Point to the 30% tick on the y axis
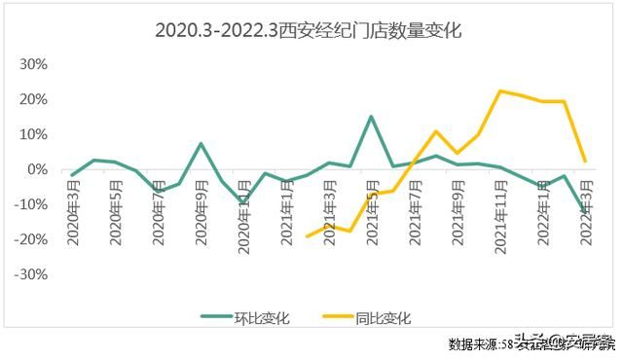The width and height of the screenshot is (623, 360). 35,64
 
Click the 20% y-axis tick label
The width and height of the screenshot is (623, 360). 35,99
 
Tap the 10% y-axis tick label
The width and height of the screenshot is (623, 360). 35,134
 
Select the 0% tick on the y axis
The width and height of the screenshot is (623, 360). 39,169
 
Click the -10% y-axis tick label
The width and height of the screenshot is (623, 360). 33,204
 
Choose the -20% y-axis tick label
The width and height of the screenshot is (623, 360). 33,239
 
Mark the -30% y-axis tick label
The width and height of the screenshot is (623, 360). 33,274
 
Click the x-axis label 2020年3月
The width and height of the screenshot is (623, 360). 73,213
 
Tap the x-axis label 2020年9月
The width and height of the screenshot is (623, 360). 201,213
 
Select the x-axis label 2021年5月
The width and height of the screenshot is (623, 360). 372,213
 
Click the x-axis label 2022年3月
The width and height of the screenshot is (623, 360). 586,213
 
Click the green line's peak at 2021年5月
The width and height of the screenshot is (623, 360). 371,117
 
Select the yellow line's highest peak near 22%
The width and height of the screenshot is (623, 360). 500,91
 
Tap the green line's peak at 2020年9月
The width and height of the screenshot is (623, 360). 201,144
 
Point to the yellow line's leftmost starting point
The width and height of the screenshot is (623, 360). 308,236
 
